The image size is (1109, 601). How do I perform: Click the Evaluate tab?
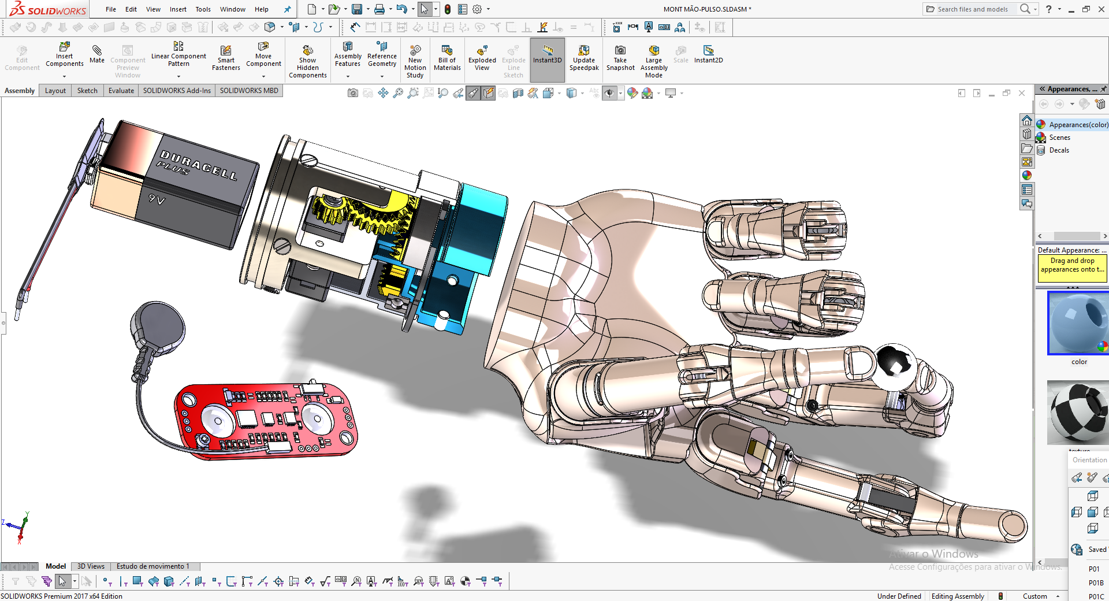[x=121, y=91]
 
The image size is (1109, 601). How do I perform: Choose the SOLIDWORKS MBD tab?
[x=249, y=91]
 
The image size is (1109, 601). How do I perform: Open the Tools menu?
[x=203, y=9]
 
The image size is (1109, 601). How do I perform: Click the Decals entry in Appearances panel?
[x=1059, y=150]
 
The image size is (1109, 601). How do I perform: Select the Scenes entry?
[x=1059, y=138]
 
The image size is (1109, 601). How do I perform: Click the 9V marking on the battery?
[x=157, y=199]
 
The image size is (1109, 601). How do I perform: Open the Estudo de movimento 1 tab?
[x=152, y=566]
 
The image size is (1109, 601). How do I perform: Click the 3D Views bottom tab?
[x=91, y=566]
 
